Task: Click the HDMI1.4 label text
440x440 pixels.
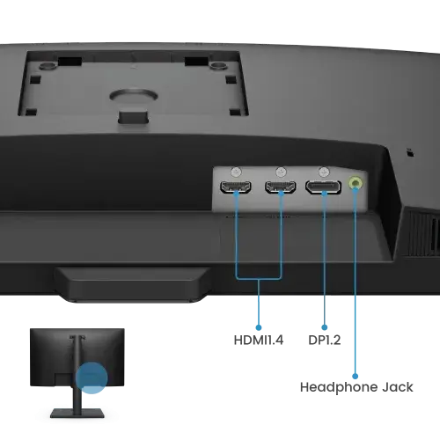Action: [x=259, y=341]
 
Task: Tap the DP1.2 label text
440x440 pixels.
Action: [x=325, y=341]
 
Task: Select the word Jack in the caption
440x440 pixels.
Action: [x=398, y=387]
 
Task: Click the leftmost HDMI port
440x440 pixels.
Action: [x=236, y=187]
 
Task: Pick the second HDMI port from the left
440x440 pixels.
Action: [x=281, y=187]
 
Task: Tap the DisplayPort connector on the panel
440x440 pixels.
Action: [x=323, y=187]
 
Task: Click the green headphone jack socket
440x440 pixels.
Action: [x=356, y=183]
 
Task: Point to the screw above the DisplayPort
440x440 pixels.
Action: [x=324, y=172]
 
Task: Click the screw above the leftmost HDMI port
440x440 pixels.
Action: [x=236, y=172]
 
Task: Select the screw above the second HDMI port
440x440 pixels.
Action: [x=281, y=172]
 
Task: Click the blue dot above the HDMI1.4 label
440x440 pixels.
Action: [x=259, y=327]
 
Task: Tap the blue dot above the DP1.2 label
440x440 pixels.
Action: [x=324, y=327]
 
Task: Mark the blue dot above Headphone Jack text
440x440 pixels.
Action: [x=355, y=376]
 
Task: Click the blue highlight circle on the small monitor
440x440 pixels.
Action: [x=92, y=378]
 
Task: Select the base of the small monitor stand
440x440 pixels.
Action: [x=77, y=414]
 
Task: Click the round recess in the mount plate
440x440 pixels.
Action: [x=134, y=96]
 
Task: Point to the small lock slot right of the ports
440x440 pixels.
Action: [x=410, y=152]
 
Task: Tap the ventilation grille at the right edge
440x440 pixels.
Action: [x=423, y=232]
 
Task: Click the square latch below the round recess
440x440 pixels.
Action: [x=133, y=116]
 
